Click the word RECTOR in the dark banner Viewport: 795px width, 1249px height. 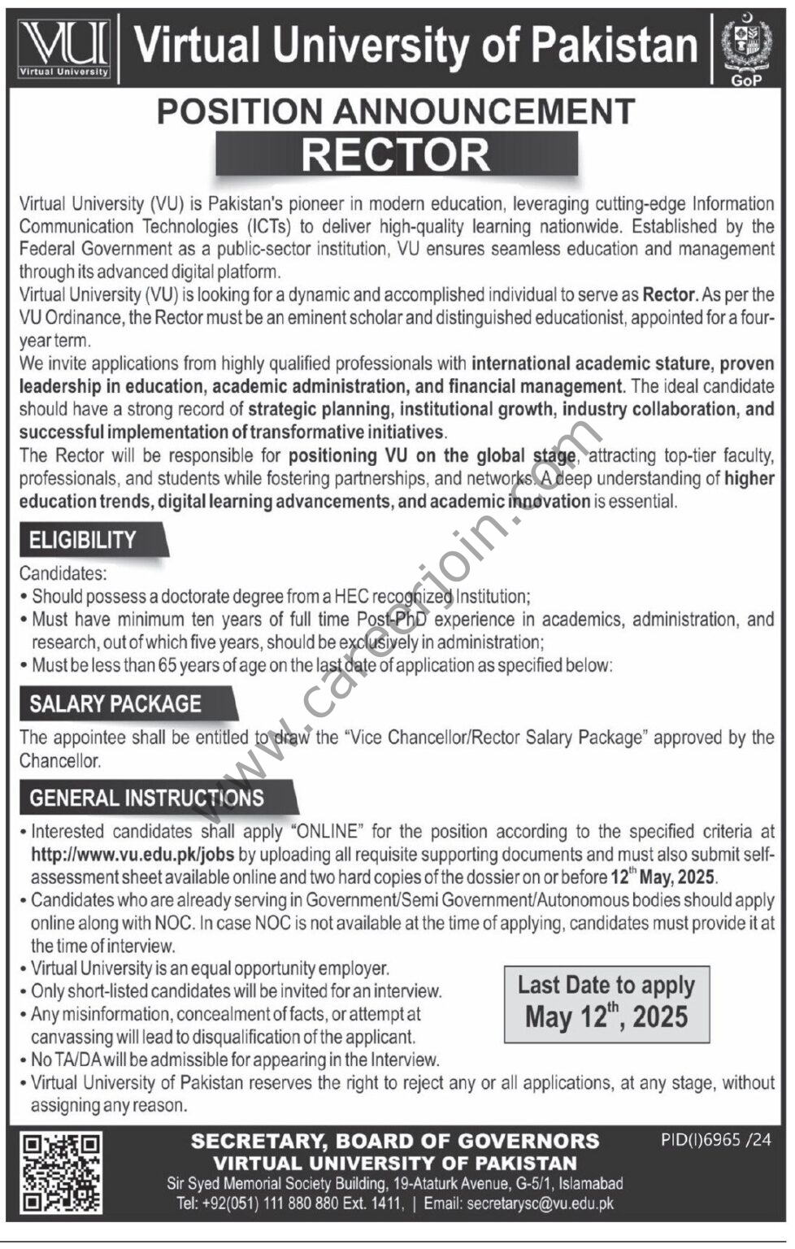tap(396, 154)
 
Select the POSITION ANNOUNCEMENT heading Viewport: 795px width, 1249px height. tap(396, 111)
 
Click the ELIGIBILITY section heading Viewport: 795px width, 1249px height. tap(83, 540)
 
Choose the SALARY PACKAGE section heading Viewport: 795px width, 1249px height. tap(115, 703)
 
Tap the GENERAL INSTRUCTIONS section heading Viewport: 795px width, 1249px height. tap(146, 798)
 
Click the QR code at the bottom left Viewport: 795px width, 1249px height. tap(63, 1173)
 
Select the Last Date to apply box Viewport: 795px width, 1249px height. tap(606, 1003)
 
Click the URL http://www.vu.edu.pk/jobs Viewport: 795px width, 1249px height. tap(132, 855)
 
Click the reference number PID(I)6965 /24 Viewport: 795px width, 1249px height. tap(715, 1140)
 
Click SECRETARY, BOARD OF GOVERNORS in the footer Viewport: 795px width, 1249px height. tap(395, 1142)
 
